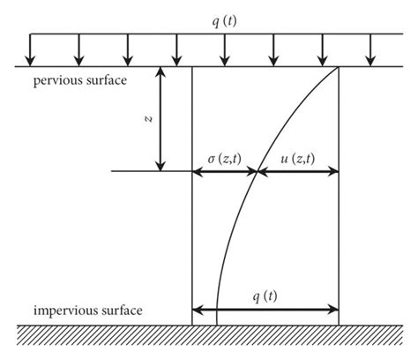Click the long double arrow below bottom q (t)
click(x=265, y=310)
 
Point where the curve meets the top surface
click(x=339, y=66)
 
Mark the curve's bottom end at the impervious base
click(x=216, y=324)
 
